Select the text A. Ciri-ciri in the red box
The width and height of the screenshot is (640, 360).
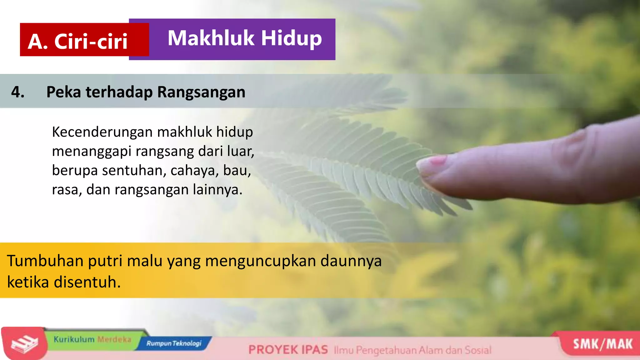click(77, 41)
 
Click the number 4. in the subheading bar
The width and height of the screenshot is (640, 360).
click(18, 92)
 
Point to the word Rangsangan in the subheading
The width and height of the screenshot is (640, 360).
click(201, 92)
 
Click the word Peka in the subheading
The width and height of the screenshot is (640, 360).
click(64, 92)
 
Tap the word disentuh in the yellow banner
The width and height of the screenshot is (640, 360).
click(87, 282)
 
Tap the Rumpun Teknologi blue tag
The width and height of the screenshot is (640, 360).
click(174, 343)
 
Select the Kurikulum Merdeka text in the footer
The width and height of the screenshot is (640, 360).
click(92, 339)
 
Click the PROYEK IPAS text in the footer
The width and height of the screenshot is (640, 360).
click(288, 350)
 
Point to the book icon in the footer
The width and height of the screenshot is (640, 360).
click(24, 344)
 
